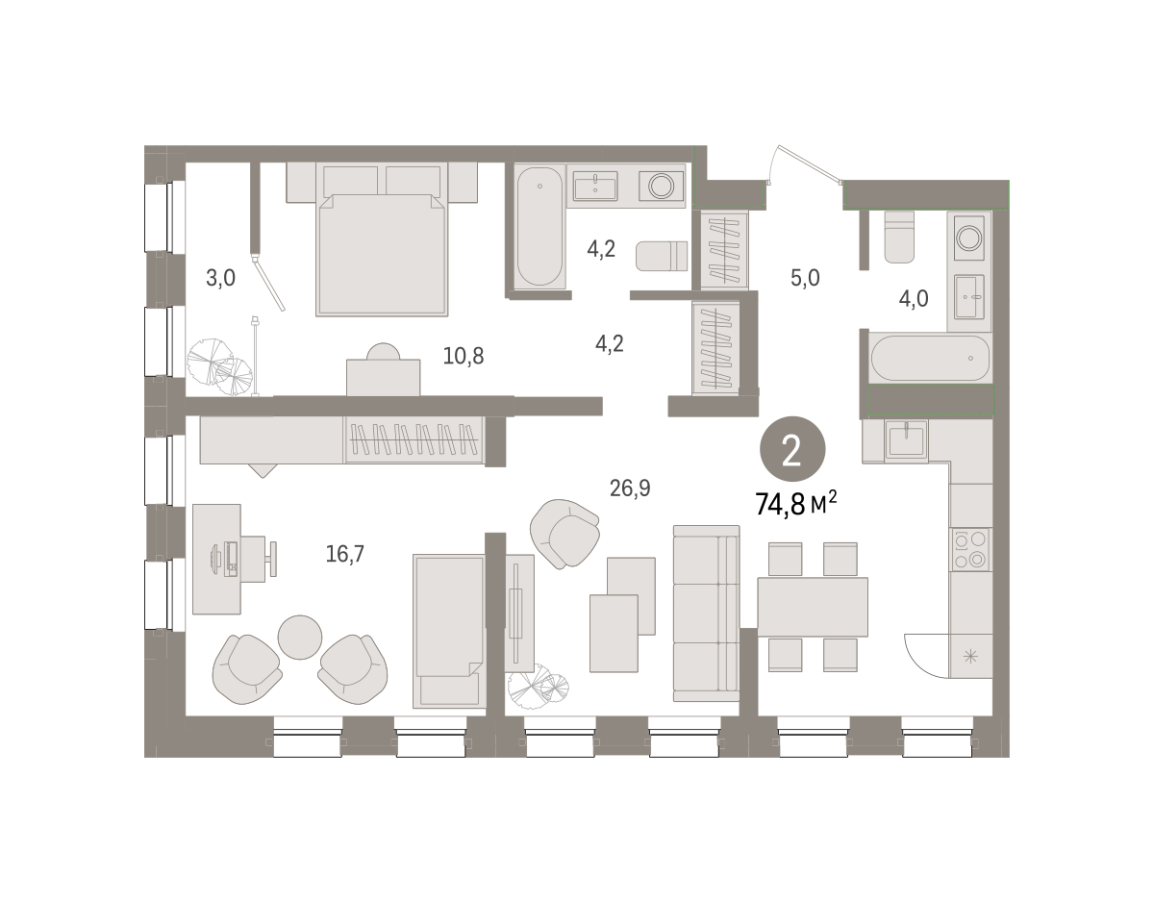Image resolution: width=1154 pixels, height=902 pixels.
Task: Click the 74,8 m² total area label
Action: [795, 504]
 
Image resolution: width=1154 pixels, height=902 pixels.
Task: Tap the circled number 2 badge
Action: [792, 449]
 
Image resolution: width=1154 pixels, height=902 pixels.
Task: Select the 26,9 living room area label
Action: [630, 488]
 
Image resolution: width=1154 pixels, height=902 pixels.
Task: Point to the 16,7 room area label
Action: [344, 554]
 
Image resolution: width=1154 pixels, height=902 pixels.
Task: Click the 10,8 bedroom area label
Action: [464, 356]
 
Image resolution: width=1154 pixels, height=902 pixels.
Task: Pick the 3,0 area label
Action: [220, 278]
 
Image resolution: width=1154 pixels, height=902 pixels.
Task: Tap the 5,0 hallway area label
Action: [805, 278]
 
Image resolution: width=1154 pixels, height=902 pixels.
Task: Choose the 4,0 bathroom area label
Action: [914, 299]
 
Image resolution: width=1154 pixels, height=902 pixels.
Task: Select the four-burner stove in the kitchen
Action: [971, 549]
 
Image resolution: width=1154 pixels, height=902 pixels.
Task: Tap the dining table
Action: [813, 607]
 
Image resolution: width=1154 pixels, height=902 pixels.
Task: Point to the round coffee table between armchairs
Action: [300, 638]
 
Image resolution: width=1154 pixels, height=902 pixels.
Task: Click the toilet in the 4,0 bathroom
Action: [899, 237]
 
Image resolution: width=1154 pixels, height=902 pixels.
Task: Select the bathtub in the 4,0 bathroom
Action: [931, 358]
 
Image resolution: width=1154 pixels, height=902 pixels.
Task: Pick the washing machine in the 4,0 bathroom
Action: [969, 238]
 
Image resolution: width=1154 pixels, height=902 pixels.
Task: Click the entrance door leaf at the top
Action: [810, 164]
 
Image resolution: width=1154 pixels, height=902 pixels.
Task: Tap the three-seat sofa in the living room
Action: [706, 614]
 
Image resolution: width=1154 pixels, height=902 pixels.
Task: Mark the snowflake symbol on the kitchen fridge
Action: [970, 657]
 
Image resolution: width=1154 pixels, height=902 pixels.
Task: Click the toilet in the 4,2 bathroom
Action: [662, 256]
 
